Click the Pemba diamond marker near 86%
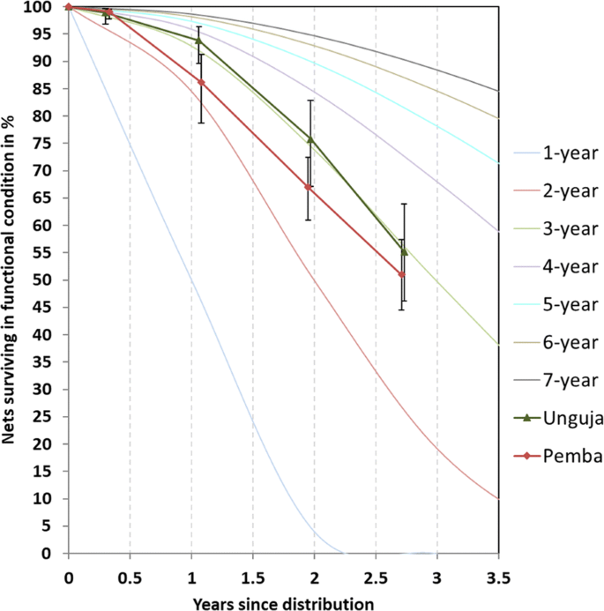[x=202, y=82]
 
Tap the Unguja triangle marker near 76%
[x=310, y=138]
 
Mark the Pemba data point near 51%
[x=402, y=274]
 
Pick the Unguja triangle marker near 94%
[x=198, y=40]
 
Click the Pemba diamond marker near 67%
[x=308, y=187]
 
